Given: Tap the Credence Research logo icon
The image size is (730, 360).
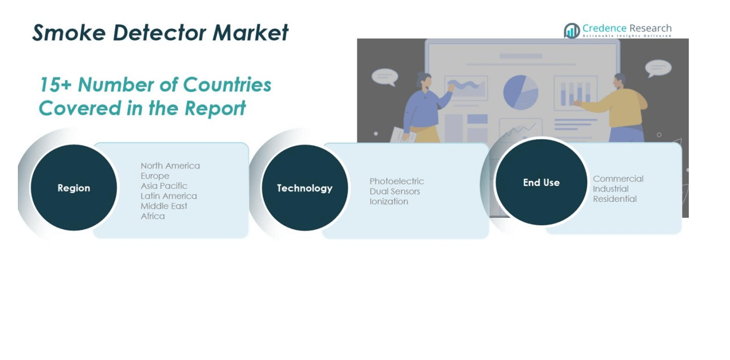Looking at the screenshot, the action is point(572,31).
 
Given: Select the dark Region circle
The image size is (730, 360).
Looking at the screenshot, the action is point(74,188).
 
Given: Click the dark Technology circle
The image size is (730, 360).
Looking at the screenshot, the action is point(304,188).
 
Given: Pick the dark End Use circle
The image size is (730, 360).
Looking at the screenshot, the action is point(541,182).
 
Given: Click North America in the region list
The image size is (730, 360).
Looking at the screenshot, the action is point(170,166).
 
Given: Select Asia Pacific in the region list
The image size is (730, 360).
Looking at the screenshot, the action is point(164,186).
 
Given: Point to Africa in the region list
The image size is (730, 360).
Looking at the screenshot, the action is point(153,216).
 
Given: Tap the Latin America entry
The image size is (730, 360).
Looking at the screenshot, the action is point(169,196).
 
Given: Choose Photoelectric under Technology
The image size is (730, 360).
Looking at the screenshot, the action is point(397,181).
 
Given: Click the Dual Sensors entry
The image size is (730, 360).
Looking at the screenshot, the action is point(395,191).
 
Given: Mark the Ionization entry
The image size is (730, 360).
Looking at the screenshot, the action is point(389,202).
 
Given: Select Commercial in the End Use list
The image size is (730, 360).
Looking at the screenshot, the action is point(618,179).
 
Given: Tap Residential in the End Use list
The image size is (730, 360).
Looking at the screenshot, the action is point(615,199).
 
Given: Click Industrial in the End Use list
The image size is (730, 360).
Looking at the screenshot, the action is point(611,189).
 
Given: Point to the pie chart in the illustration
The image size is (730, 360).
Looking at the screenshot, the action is point(520,92).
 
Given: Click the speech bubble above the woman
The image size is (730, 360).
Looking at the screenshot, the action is point(384,76).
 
